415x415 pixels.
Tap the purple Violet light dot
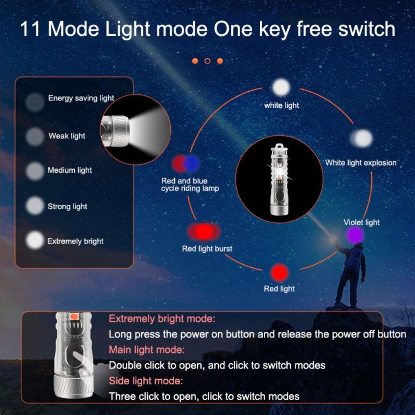click(356, 235)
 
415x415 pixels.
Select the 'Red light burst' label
click(207, 249)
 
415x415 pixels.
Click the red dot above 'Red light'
click(279, 273)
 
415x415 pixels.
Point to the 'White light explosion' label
click(361, 163)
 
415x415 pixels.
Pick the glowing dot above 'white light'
click(281, 87)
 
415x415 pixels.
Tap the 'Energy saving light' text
click(81, 98)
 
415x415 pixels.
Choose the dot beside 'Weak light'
click(35, 136)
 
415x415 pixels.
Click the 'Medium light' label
click(70, 170)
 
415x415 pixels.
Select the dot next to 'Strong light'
click(35, 205)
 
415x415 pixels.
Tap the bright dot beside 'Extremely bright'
click(35, 240)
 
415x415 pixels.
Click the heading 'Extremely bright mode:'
click(162, 319)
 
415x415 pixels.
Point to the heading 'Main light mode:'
click(146, 349)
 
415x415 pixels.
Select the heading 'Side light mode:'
click(146, 380)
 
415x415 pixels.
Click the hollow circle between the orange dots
click(207, 61)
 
